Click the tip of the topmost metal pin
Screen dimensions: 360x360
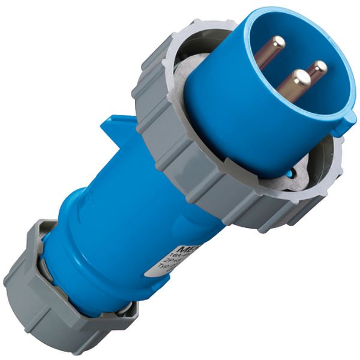tap(277, 43)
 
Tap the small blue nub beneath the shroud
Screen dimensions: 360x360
tap(290, 174)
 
